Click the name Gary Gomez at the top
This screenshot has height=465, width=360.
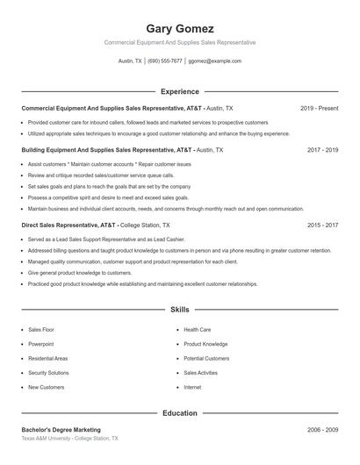point(179,28)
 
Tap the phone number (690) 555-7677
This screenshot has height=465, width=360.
point(165,61)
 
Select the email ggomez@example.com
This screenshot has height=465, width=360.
point(214,61)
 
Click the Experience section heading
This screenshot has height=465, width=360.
point(179,91)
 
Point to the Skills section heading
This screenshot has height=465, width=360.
point(179,310)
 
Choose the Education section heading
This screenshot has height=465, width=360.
point(179,412)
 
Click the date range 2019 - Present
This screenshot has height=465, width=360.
point(319,108)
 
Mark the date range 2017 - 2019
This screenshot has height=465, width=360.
point(322,150)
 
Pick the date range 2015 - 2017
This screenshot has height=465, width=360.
point(322,225)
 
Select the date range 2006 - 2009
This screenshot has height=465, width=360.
point(322,430)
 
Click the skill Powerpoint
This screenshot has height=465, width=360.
point(41,344)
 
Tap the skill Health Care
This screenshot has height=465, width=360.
point(197,330)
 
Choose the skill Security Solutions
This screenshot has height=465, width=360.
point(48,373)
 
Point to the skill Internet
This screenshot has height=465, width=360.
point(192,387)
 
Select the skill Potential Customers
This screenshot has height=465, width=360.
point(205,358)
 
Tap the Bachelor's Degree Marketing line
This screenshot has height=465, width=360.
point(61,430)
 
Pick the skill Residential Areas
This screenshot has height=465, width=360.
point(47,358)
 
